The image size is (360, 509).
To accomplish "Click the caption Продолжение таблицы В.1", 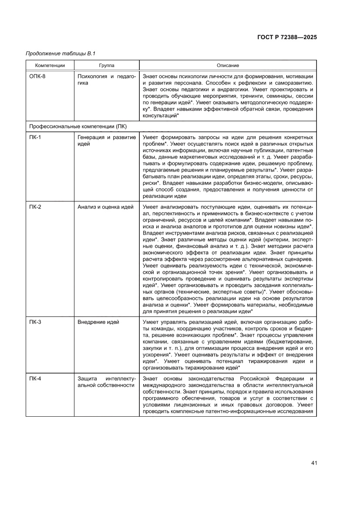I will coord(61,54).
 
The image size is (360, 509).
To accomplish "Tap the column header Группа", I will coord(107,65).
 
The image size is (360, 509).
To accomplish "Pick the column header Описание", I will coord(228,65).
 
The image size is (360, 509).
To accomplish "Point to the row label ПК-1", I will coord(35,137).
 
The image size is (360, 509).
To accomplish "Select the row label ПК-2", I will coord(35,207).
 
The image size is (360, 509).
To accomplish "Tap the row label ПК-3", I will coord(35,322).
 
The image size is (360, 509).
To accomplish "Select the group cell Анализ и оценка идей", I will coord(105,207).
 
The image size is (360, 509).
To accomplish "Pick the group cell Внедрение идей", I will coord(98,322).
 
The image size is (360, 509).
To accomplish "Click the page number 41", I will coord(313,462).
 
